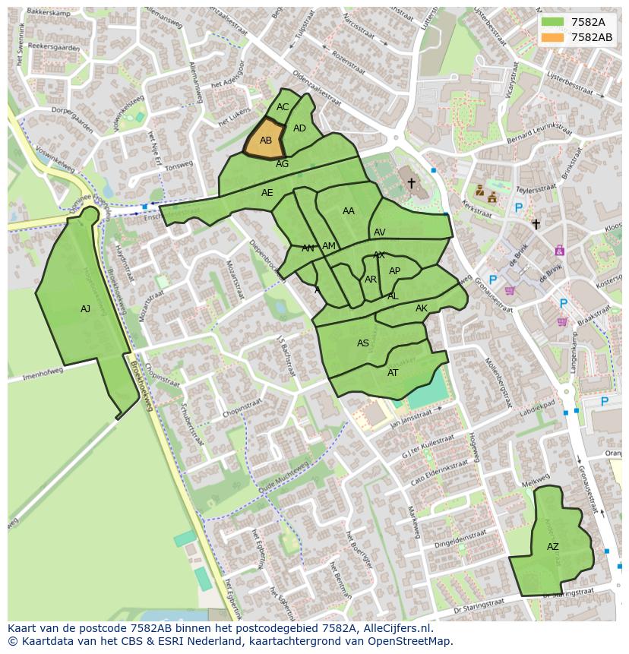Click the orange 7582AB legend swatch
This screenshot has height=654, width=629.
(x=552, y=37)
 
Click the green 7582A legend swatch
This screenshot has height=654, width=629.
(x=552, y=22)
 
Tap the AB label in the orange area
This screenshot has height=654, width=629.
(x=266, y=141)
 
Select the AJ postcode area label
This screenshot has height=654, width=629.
(x=85, y=309)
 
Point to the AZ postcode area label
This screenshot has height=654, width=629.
(x=552, y=547)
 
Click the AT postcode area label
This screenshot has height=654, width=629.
(x=393, y=373)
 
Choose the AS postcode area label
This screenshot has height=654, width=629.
(x=363, y=343)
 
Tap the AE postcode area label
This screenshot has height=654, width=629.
(x=267, y=193)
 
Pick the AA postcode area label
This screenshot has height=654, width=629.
(x=349, y=211)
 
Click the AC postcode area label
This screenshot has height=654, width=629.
(x=283, y=107)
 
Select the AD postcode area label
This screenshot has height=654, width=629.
(x=299, y=128)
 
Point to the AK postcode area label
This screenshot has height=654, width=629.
(x=422, y=308)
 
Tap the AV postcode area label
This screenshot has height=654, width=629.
(x=380, y=232)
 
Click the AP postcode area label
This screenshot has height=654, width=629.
(x=394, y=271)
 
